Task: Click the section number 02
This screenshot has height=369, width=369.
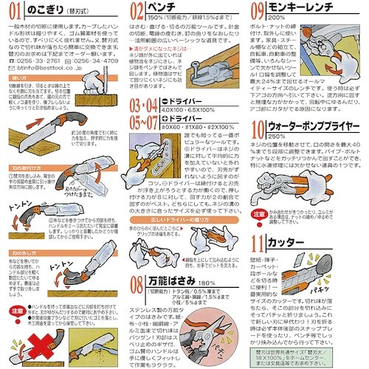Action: (137, 11)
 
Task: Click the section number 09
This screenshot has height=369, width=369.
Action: (258, 11)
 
